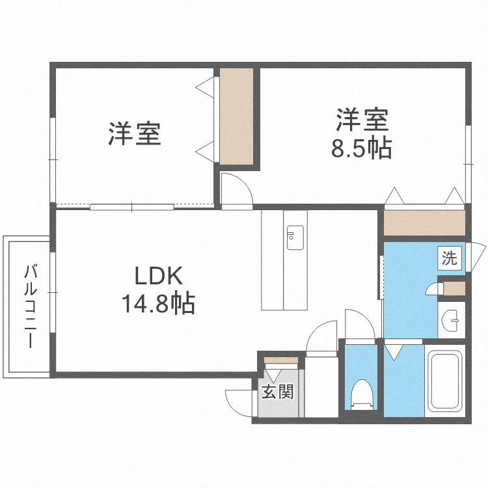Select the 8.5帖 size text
361,149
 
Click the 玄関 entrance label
277,392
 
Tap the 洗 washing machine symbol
450,258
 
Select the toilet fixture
360,394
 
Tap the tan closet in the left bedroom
236,116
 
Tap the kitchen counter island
284,260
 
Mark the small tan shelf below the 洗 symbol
454,287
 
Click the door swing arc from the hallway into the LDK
320,338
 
